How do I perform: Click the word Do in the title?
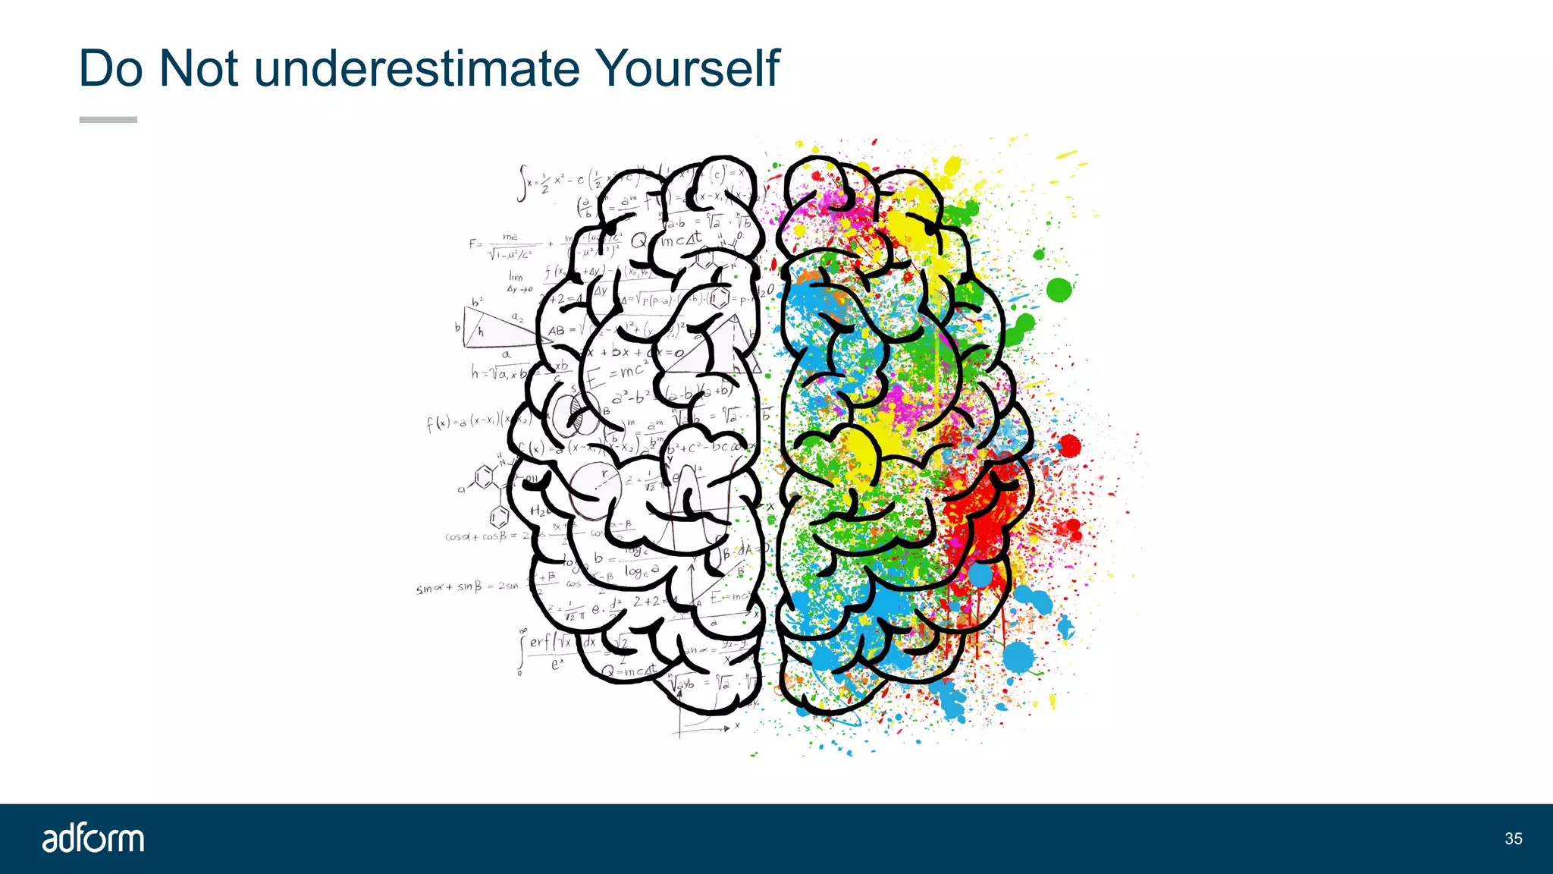[x=111, y=69]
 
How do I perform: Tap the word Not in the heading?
[x=199, y=69]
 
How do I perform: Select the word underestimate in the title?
[x=417, y=69]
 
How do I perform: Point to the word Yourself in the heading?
[x=687, y=69]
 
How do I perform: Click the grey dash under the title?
[x=108, y=120]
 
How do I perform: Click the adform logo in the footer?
[x=93, y=838]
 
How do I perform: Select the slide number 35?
[x=1513, y=838]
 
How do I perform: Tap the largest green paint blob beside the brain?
[x=1059, y=289]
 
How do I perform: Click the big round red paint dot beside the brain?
[x=1069, y=446]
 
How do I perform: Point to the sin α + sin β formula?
[x=466, y=587]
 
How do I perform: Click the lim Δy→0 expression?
[x=519, y=282]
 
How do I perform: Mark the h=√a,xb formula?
[x=497, y=373]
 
